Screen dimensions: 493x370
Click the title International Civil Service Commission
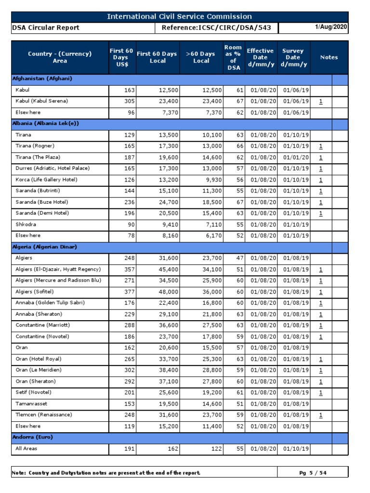tap(179, 17)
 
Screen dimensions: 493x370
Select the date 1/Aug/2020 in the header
tap(330, 27)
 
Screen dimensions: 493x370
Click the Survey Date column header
tap(292, 57)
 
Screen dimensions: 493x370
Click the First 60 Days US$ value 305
tap(129, 101)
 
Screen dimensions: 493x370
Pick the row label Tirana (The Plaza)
tap(38, 157)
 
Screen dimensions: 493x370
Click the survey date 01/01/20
tap(293, 157)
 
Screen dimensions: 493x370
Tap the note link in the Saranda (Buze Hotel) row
tap(321, 202)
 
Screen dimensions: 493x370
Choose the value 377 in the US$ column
tap(129, 292)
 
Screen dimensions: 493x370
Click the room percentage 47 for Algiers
tap(240, 258)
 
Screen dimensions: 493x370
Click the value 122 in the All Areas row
tap(215, 449)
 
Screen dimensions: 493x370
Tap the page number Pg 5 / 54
tap(313, 473)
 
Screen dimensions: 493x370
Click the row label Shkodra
tap(26, 224)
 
